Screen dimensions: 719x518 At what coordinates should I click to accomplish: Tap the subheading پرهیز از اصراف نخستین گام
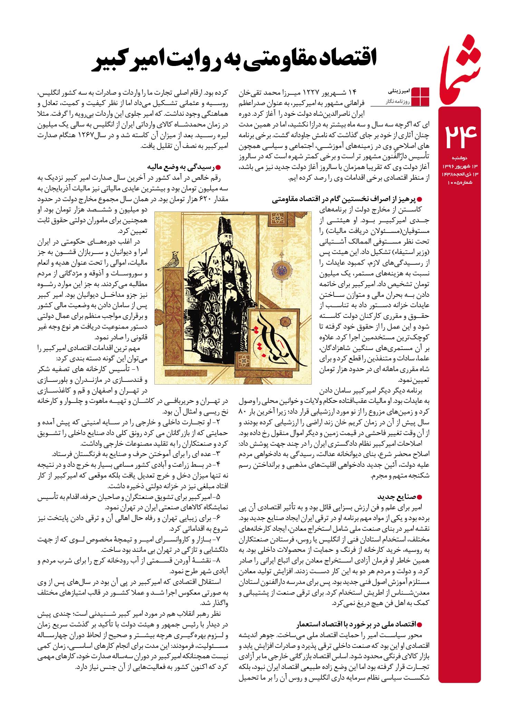pyautogui.click(x=345, y=199)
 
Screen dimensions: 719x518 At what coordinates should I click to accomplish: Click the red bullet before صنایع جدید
pyautogui.click(x=420, y=497)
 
